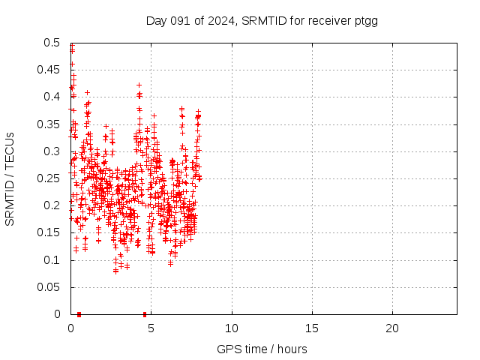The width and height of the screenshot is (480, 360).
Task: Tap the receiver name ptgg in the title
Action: coord(365,21)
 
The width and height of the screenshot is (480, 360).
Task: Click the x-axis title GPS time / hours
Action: coord(262,349)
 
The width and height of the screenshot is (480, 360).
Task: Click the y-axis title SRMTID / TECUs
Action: coord(10,178)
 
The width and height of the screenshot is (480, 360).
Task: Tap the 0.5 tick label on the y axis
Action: coord(52,43)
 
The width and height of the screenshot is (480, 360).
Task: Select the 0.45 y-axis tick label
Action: coord(49,70)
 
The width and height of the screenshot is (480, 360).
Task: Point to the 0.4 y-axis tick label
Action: coord(52,97)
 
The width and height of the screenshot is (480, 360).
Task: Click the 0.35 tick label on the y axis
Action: coord(49,124)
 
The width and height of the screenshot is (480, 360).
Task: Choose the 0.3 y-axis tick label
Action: coord(52,151)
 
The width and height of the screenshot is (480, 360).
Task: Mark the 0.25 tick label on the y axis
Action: coord(49,178)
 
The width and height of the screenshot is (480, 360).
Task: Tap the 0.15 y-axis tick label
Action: coord(49,233)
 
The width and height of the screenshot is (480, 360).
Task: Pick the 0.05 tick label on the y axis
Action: coord(49,287)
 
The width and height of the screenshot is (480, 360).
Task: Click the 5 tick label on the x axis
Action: coord(151,328)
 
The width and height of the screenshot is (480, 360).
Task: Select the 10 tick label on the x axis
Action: coord(232,328)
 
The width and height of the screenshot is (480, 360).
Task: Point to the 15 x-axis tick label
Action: coord(312,328)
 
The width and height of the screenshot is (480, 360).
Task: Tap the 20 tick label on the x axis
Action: coord(392,328)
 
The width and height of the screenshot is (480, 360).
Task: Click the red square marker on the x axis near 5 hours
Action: coord(145,314)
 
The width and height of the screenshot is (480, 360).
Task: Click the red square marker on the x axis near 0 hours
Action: coord(79,314)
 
